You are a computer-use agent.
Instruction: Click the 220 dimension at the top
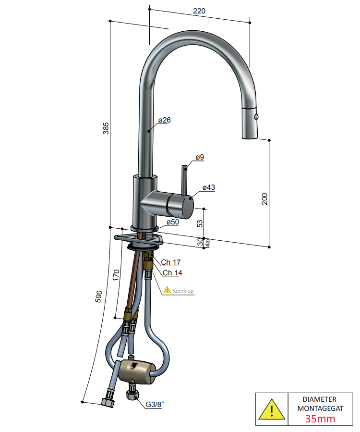199,11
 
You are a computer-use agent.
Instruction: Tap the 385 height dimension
106,128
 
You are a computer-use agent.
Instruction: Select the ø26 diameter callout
164,120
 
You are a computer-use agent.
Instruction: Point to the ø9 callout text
200,157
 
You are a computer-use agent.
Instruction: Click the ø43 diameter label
209,187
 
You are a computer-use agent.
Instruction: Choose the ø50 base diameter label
173,222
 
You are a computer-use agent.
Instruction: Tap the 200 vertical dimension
264,199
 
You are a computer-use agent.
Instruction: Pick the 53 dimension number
200,223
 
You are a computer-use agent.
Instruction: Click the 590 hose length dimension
98,296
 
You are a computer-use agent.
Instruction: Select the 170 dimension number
116,275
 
